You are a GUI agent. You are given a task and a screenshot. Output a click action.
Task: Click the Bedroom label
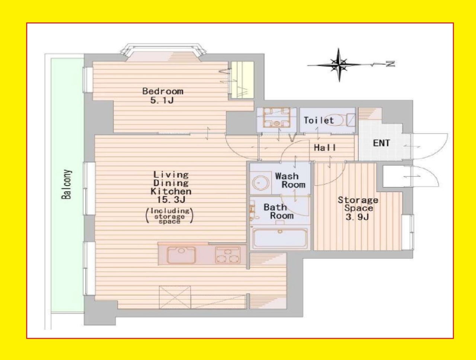tap(163, 91)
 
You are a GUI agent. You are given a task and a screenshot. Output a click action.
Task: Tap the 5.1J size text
tap(162, 100)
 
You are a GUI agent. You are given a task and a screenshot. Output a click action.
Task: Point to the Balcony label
tap(66, 184)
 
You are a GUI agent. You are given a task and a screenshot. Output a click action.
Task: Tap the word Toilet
tap(319, 120)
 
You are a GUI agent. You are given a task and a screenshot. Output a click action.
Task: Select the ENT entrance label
tap(381, 143)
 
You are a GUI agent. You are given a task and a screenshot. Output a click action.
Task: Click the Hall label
tap(325, 148)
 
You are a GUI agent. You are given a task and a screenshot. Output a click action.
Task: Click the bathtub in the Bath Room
tap(280, 238)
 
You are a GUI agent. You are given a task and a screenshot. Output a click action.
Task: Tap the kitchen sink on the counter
tap(181, 255)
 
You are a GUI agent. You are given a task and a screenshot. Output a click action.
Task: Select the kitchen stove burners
tap(227, 255)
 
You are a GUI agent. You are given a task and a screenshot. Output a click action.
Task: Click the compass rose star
tap(339, 65)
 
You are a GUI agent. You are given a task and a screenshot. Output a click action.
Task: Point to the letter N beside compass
tap(390, 64)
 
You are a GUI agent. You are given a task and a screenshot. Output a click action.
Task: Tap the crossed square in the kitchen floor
tap(175, 297)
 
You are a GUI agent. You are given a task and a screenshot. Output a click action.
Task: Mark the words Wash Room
tap(290, 180)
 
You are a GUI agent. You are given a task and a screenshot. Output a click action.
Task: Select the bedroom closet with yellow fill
tap(242, 80)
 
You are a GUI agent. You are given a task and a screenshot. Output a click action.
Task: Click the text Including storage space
tap(170, 216)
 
